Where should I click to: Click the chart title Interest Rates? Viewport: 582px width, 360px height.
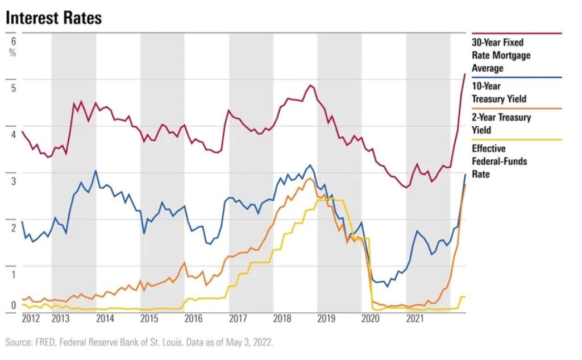tap(54, 18)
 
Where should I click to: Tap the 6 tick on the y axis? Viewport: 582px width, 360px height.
tap(13, 41)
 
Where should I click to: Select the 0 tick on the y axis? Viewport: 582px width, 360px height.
tap(13, 305)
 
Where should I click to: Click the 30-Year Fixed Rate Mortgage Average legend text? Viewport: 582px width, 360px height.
tap(501, 55)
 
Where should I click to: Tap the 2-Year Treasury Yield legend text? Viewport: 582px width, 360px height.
tap(501, 123)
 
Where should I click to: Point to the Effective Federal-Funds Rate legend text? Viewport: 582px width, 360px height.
tap(500, 161)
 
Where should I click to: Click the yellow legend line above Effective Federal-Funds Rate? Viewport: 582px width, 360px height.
tap(516, 139)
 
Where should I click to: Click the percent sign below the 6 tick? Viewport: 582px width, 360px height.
tap(13, 53)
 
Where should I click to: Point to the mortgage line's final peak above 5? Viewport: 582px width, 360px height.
tap(465, 74)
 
